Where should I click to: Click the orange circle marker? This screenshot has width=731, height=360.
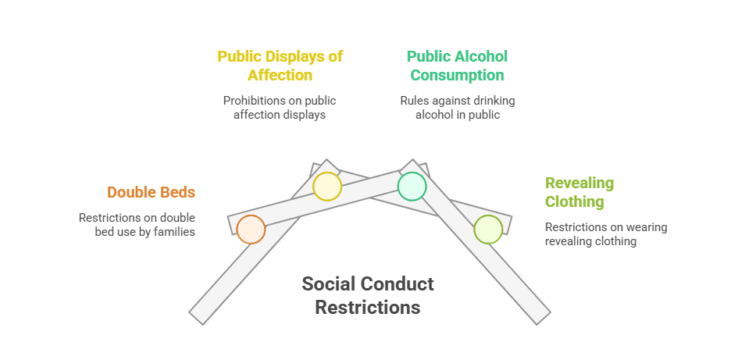pos(251,230)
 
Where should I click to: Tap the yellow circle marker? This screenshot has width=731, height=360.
pos(327,187)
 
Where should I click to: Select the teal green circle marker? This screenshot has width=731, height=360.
pos(412,187)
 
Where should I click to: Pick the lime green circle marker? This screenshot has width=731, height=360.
pos(488,230)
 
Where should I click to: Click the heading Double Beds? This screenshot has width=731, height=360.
pos(151,192)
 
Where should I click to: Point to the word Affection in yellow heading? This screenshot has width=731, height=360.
pos(280,75)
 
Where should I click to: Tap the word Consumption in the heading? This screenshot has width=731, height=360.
pos(458,75)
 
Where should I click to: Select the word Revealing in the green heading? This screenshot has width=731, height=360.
pos(579,184)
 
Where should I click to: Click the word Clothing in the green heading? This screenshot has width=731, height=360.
pos(574,202)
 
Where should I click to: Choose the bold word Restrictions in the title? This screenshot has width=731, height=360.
pos(368,308)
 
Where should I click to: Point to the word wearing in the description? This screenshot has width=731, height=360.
pos(647,227)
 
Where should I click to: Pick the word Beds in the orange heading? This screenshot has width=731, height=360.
pos(178,192)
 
